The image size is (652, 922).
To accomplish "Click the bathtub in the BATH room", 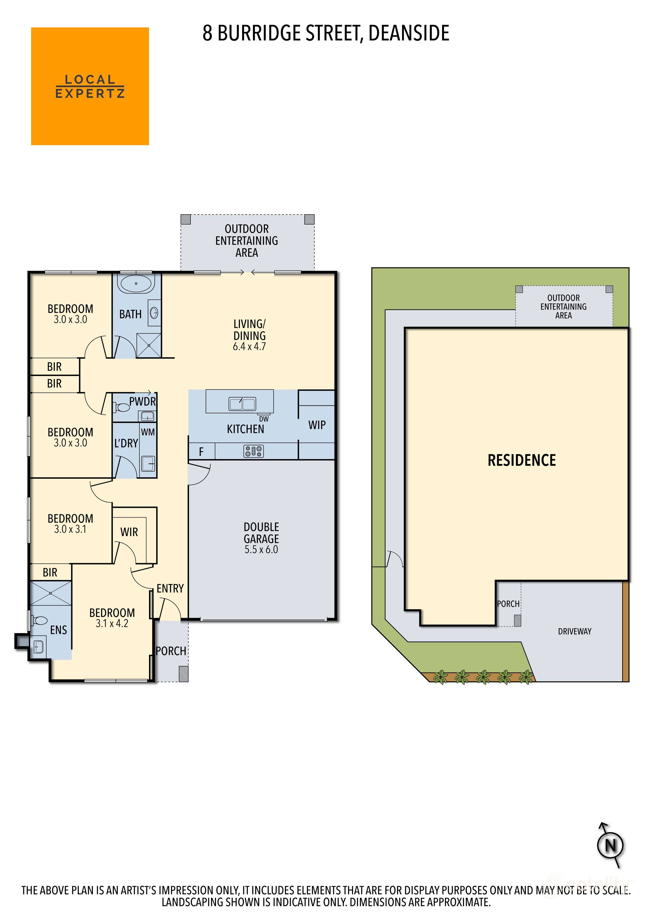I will tap(136, 284).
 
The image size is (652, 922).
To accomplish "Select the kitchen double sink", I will tap(242, 404).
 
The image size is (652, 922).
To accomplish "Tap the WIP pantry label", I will tap(317, 425).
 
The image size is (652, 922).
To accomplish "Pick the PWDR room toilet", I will tap(122, 408).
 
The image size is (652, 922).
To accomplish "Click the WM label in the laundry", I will tap(148, 432).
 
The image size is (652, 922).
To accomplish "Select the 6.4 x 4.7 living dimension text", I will tap(250, 346).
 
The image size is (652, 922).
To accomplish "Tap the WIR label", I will tap(129, 532).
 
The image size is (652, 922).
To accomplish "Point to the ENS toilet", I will tap(40, 621).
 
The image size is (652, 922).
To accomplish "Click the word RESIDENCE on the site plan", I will tap(521, 460).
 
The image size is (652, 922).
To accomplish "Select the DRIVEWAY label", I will tap(575, 631).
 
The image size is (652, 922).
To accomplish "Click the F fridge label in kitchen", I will tap(201, 452).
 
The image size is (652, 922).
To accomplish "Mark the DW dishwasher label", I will tap(264, 419).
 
